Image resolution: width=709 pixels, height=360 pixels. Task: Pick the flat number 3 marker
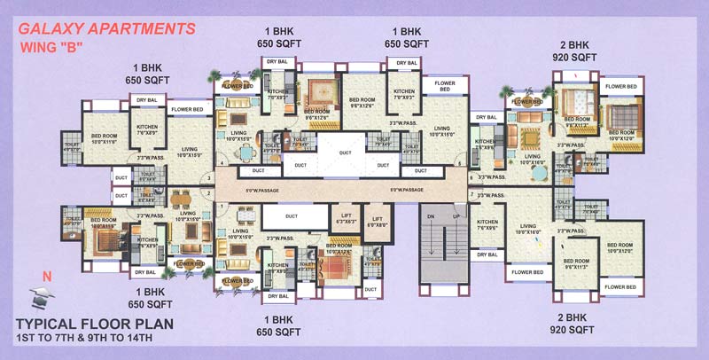pyautogui.click(x=208, y=179)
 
